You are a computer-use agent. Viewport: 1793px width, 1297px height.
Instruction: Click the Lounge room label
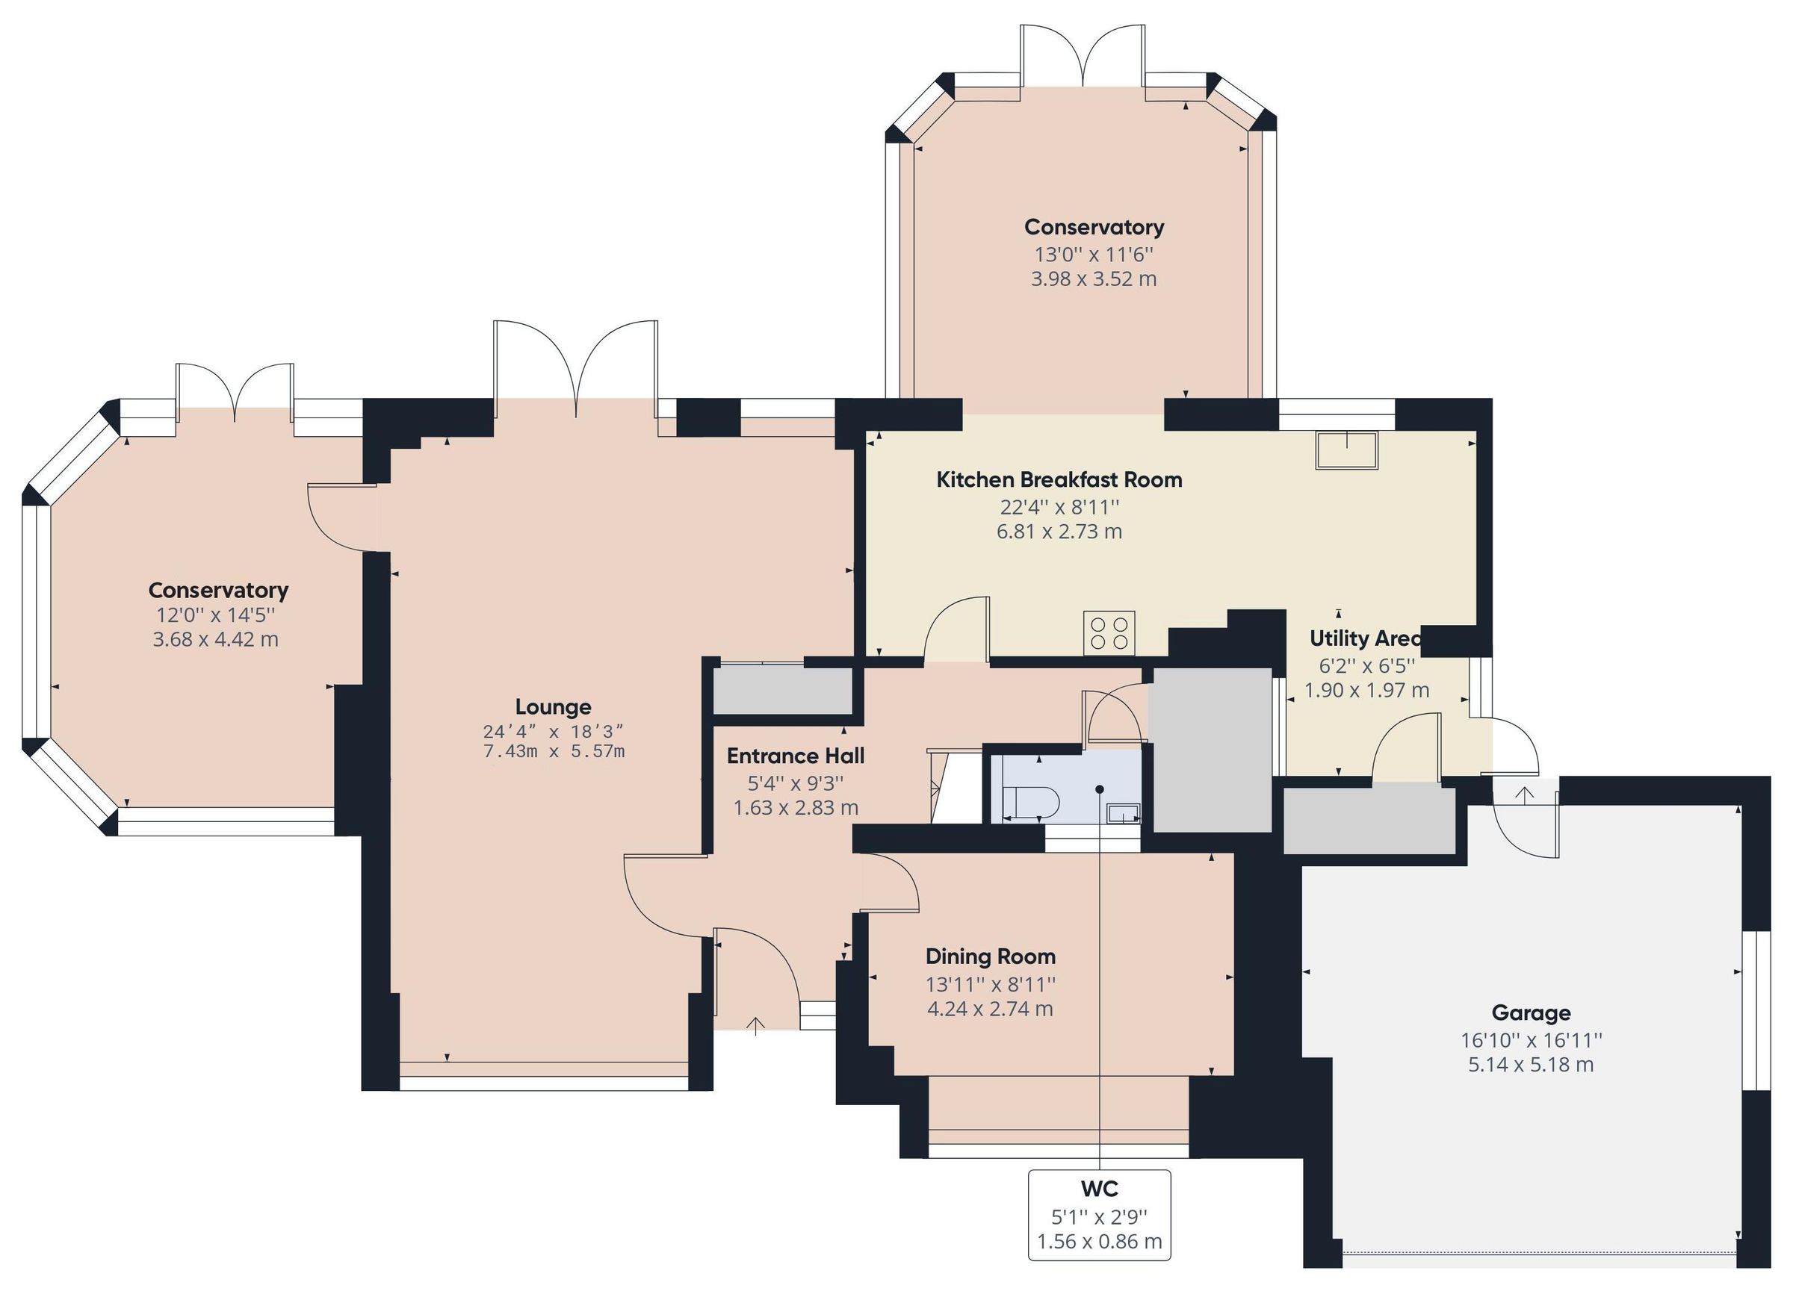point(553,706)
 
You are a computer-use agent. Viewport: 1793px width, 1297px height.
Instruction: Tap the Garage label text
point(1531,1013)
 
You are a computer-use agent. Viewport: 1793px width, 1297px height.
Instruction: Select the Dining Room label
point(990,957)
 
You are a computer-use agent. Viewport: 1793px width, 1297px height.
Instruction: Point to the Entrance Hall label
point(796,756)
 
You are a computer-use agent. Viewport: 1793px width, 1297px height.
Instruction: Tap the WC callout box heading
point(1099,1188)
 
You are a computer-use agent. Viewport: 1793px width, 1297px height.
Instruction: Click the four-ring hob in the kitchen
point(1109,632)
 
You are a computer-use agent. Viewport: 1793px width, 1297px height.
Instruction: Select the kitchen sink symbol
point(1345,450)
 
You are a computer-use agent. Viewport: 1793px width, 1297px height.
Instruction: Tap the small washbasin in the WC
point(1124,812)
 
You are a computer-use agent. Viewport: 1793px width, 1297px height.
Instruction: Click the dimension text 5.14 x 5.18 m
point(1531,1065)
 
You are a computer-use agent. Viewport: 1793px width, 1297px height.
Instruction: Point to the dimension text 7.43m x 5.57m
point(554,752)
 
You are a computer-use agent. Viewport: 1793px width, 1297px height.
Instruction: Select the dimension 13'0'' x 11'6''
point(1094,255)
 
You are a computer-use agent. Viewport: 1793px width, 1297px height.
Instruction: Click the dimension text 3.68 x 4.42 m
point(215,639)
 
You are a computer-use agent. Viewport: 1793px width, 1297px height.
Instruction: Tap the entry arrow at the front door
point(756,1026)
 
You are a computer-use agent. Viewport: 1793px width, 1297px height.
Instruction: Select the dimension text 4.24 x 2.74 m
point(990,1010)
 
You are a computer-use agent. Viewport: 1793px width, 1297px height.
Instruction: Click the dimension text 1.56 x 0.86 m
point(1099,1242)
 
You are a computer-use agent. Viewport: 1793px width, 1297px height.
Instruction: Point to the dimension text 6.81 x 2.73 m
point(1059,531)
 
